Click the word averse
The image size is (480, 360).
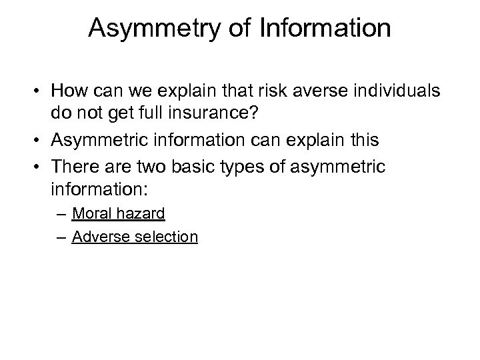[326, 91]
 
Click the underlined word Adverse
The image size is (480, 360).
[98, 236]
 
